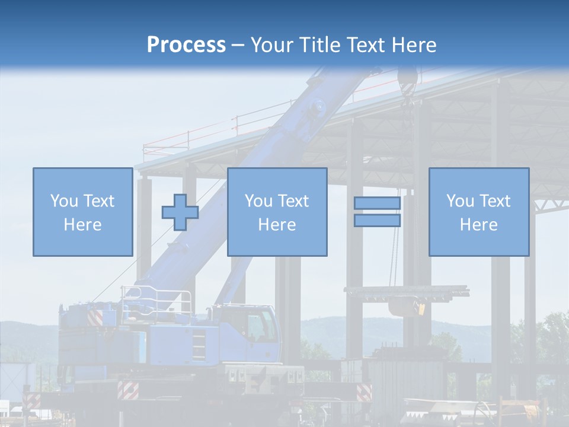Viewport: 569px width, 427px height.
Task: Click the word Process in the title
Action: coord(186,45)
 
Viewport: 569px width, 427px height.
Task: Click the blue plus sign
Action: coord(180,212)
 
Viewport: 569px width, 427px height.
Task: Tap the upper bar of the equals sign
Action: coord(377,203)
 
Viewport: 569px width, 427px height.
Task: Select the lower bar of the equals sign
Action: coord(377,221)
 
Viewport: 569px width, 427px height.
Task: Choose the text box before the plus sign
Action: coord(82,212)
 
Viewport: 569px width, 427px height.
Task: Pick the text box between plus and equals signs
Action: coord(277,212)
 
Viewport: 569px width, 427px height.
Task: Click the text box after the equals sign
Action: coord(478,212)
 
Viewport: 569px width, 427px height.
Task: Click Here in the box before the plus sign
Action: coord(82,225)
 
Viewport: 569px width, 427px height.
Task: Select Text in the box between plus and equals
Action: coord(293,201)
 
